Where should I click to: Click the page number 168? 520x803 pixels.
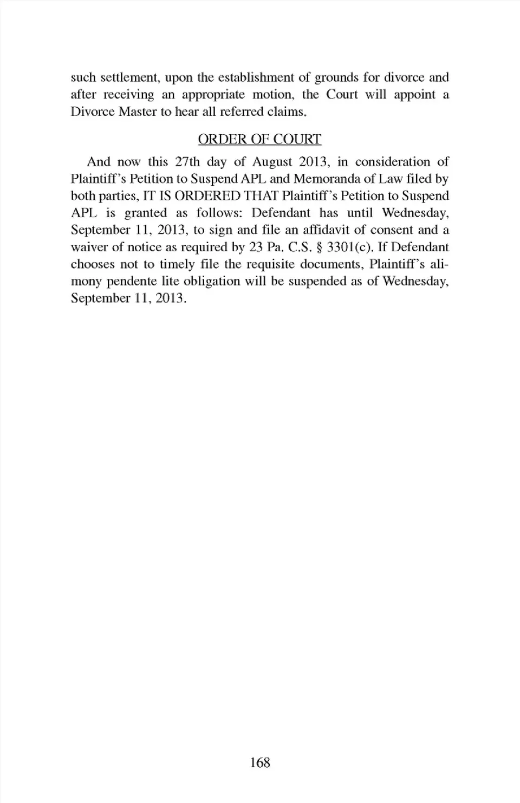[260, 762]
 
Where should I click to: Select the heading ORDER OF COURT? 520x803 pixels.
[259, 139]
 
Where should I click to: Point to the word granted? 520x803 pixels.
[146, 213]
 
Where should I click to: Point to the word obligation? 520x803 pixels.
[210, 281]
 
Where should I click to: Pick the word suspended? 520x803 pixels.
[317, 281]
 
